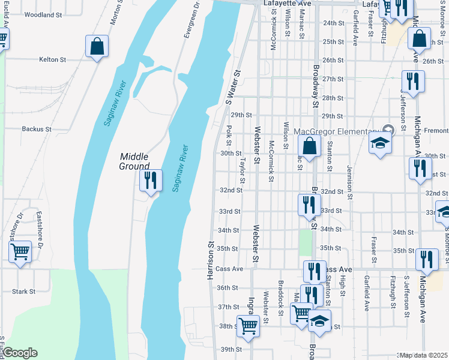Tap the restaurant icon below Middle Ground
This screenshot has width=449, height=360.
(x=149, y=180)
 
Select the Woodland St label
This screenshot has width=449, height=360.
(x=44, y=14)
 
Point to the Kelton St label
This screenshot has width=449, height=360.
(x=52, y=59)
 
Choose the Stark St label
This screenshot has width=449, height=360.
(x=24, y=292)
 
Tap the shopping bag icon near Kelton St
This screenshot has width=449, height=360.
(x=97, y=46)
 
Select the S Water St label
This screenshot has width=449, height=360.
(x=233, y=88)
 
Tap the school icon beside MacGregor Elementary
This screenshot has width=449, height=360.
(x=379, y=143)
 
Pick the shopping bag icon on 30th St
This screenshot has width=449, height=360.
(x=309, y=146)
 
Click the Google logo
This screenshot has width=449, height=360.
(x=20, y=353)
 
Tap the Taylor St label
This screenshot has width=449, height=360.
(x=243, y=171)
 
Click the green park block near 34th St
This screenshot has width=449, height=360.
(x=306, y=242)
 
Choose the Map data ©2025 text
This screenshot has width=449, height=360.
(x=424, y=355)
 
